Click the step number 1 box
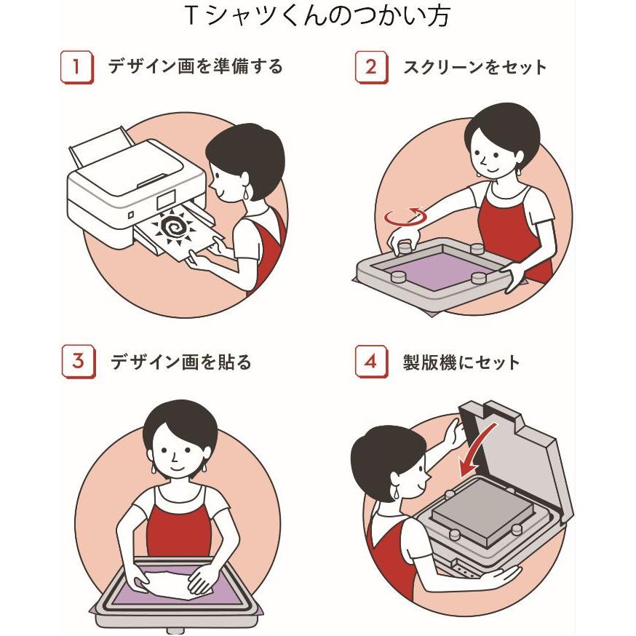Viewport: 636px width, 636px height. click(x=76, y=67)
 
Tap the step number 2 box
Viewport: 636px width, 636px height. click(x=372, y=67)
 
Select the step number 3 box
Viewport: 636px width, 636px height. click(x=79, y=361)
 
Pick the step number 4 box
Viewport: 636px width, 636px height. click(x=372, y=361)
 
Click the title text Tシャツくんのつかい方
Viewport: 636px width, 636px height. click(x=317, y=16)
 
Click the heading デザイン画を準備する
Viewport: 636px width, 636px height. click(x=195, y=66)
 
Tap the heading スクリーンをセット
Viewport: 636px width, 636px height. click(x=474, y=68)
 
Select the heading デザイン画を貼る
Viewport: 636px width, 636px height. click(x=181, y=362)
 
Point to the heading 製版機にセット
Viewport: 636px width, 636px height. click(x=461, y=362)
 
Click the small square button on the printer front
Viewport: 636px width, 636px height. click(x=130, y=215)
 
